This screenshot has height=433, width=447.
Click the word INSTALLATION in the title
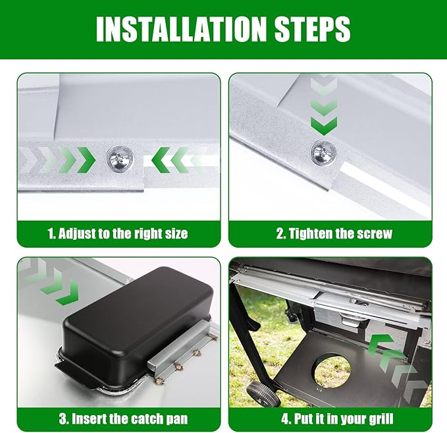tap(181, 29)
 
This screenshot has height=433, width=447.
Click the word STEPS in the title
tap(312, 29)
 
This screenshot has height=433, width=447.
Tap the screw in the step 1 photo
tap(119, 159)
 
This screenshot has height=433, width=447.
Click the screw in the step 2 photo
tap(323, 154)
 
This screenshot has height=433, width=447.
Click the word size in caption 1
tap(176, 233)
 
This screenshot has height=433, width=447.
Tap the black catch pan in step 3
tap(134, 322)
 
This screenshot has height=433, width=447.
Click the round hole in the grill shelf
tap(331, 368)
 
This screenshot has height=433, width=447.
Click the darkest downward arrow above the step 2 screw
tap(324, 126)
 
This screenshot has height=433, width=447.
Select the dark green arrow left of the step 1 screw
tap(86, 160)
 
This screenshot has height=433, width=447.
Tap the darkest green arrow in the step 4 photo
tap(381, 345)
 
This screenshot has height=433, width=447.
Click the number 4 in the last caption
tap(285, 419)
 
